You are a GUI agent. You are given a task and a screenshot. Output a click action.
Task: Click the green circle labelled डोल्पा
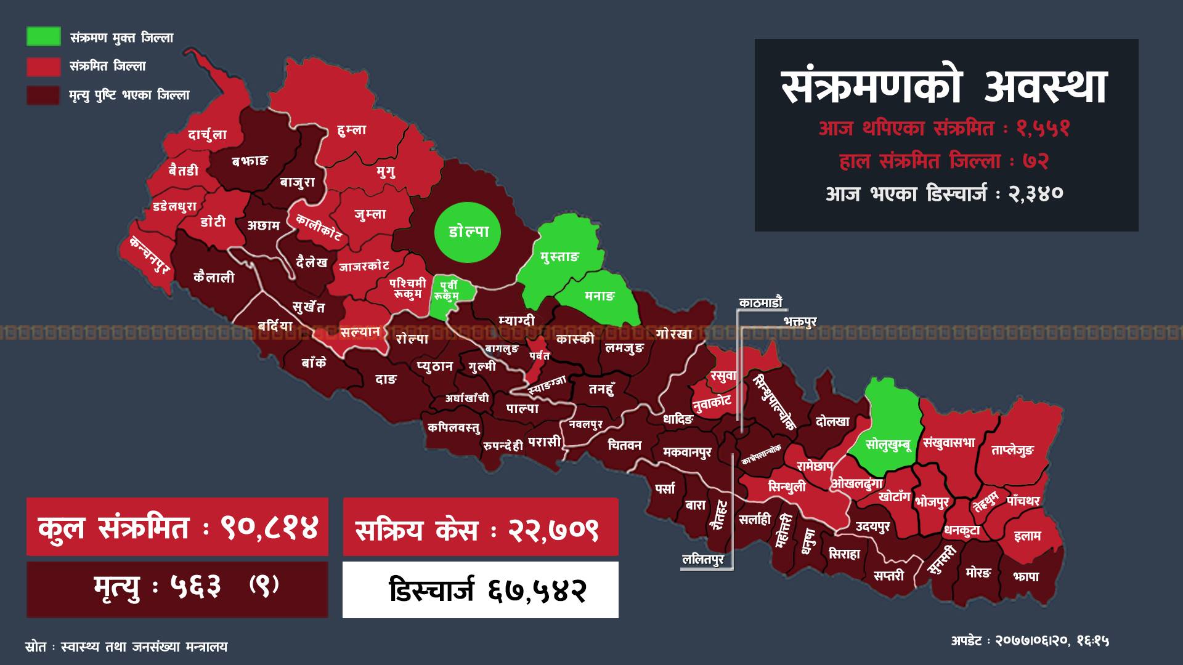pyautogui.click(x=468, y=232)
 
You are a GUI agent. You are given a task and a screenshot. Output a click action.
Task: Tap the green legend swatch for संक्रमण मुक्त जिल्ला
pyautogui.click(x=43, y=37)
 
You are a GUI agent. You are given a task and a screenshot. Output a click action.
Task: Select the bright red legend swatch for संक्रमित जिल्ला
pyautogui.click(x=43, y=66)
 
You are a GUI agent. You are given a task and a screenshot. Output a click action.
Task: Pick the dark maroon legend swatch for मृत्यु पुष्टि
pyautogui.click(x=43, y=95)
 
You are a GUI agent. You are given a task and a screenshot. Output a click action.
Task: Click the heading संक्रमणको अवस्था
pyautogui.click(x=945, y=87)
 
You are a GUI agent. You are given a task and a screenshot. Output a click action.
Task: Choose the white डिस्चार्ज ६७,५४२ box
pyautogui.click(x=481, y=590)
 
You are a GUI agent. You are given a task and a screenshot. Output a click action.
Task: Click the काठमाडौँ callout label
pyautogui.click(x=760, y=302)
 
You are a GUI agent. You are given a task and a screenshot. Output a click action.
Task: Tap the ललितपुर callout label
pyautogui.click(x=702, y=560)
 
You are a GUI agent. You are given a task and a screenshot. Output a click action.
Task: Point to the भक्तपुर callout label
pyautogui.click(x=800, y=321)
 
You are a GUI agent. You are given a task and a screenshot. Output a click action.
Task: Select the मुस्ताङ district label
pyautogui.click(x=559, y=257)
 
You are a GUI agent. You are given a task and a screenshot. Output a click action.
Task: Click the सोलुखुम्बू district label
pyautogui.click(x=887, y=444)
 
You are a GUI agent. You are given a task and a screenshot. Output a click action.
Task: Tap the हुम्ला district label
pyautogui.click(x=352, y=130)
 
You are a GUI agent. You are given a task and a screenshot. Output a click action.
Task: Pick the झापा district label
pyautogui.click(x=1025, y=576)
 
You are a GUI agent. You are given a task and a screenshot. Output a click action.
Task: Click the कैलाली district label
pyautogui.click(x=214, y=277)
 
